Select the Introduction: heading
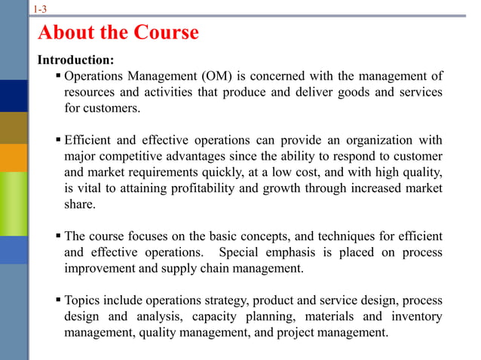(76, 59)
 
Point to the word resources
(90, 92)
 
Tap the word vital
(91, 188)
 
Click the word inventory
(415, 316)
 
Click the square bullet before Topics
(58, 300)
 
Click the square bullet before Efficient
(58, 140)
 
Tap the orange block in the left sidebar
(14, 157)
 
